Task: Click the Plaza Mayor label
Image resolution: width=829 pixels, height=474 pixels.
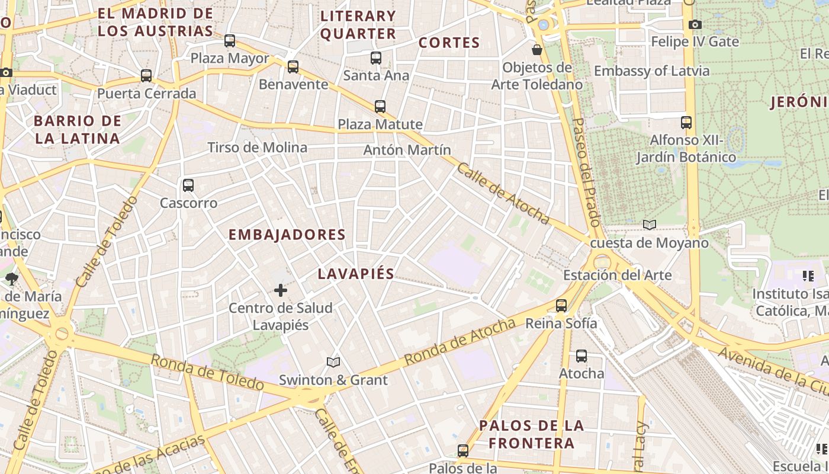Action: pos(230,59)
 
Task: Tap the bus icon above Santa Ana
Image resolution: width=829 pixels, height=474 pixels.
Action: pos(376,58)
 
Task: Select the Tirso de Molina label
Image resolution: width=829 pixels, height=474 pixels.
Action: pos(257,148)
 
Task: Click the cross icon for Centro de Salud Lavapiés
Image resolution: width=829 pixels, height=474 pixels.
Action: pos(281,290)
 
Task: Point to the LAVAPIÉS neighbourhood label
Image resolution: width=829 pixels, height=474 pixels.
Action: pos(356,274)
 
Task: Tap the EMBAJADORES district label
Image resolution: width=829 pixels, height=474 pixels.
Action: pos(287,235)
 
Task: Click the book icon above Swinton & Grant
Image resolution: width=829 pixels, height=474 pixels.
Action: pos(333,362)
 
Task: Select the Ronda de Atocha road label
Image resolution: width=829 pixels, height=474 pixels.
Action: pos(460,342)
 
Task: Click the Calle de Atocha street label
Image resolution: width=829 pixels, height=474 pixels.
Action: pos(503,194)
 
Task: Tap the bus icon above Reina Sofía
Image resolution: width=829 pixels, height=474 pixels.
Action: pos(561,306)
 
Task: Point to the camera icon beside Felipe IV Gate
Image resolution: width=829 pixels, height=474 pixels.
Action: pos(695,25)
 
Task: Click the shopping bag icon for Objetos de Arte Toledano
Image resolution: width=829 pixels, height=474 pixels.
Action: pos(537,50)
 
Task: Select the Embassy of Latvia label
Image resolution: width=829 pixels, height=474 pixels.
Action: pos(651,71)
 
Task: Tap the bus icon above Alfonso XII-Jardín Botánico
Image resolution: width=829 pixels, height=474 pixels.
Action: pos(686,123)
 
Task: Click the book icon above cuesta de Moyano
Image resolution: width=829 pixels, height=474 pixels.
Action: pos(650,225)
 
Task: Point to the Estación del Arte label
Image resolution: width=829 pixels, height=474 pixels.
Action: pos(617,276)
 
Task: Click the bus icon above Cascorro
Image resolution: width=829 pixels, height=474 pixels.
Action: pos(188,185)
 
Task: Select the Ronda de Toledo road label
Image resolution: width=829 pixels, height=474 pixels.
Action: pos(207,372)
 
